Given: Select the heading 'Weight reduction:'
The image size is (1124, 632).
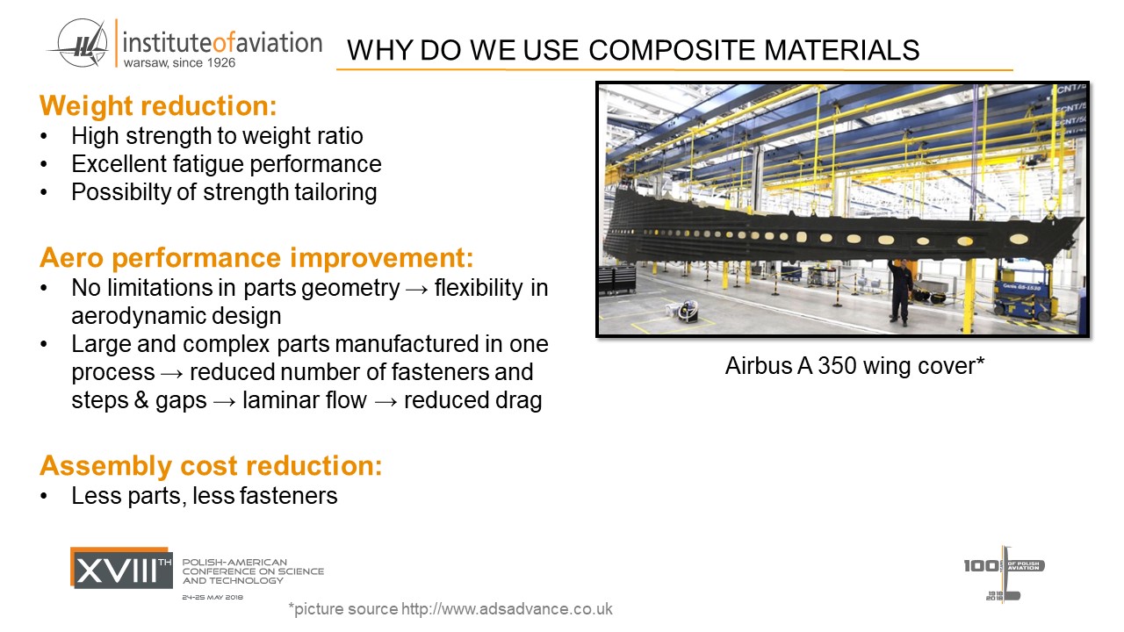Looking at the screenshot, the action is click(158, 106).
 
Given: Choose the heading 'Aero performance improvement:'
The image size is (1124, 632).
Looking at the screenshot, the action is click(256, 258).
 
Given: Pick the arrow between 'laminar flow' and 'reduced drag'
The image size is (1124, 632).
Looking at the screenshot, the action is click(385, 402).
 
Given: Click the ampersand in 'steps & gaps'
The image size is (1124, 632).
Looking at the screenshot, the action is click(141, 400).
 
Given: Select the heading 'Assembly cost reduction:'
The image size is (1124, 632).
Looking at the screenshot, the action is click(211, 465).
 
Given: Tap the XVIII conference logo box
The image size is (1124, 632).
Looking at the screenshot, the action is click(121, 568).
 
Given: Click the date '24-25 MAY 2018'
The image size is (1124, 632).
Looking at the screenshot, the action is click(213, 598).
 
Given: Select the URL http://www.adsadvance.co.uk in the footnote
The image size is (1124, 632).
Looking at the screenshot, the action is click(507, 609).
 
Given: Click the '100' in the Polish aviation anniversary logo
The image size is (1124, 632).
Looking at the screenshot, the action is click(981, 566).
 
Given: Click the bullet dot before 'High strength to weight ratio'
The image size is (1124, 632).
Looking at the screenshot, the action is click(44, 136).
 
